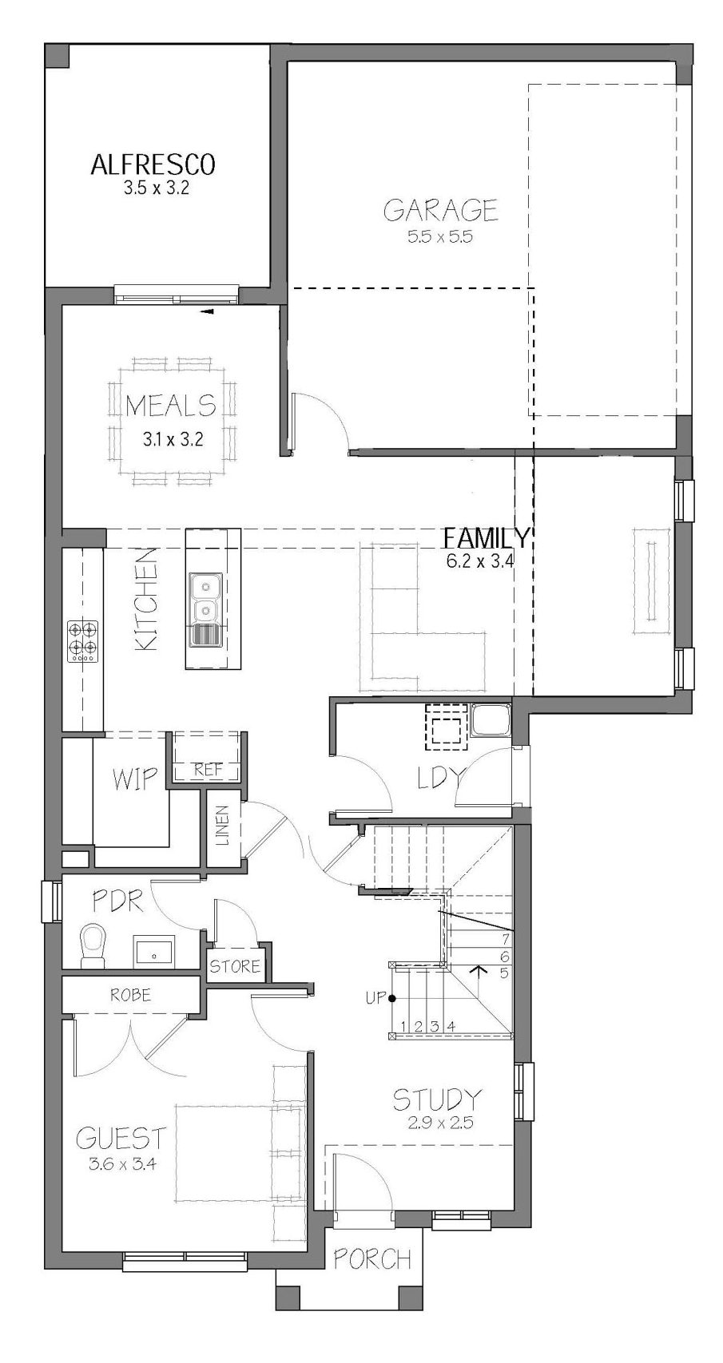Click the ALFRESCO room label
[x=153, y=164]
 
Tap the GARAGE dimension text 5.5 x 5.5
[x=440, y=236]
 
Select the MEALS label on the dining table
[x=171, y=406]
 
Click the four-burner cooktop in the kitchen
[x=82, y=641]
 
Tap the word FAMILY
[x=487, y=538]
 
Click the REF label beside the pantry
[x=209, y=771]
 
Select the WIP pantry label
[x=135, y=778]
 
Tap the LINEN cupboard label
[x=223, y=826]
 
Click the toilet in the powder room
[x=93, y=945]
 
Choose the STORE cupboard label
[x=235, y=965]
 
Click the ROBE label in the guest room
[x=130, y=995]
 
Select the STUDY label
[x=437, y=1100]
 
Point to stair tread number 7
[x=505, y=937]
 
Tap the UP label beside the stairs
[x=374, y=998]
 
